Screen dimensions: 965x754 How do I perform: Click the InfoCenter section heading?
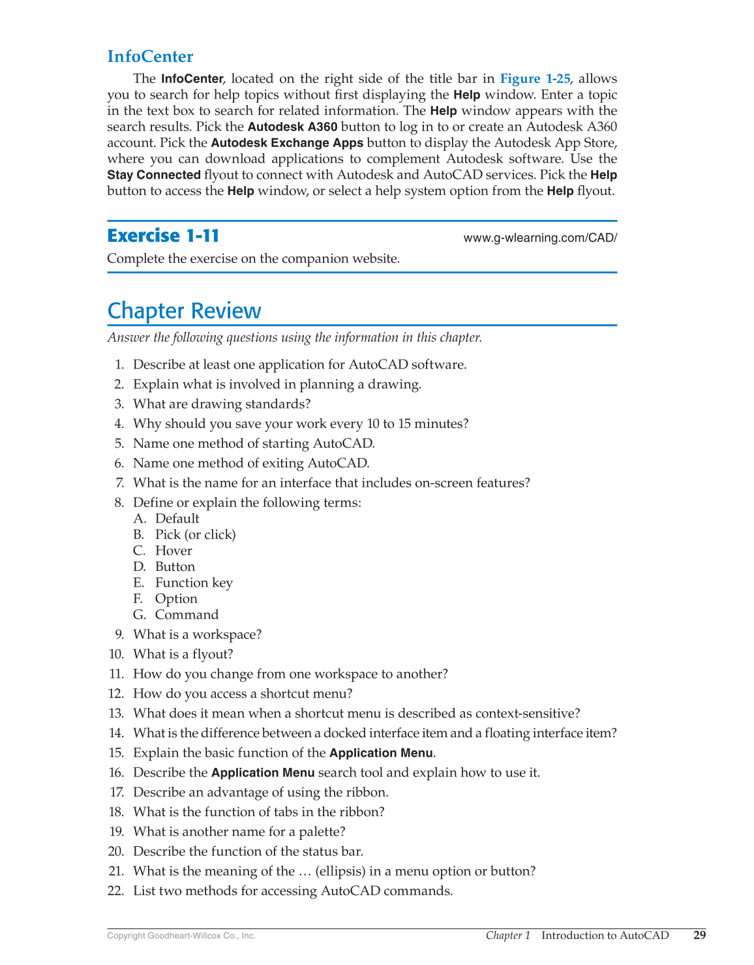pyautogui.click(x=150, y=57)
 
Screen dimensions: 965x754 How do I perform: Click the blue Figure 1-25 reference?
pyautogui.click(x=535, y=79)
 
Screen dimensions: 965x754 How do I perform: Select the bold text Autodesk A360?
pyautogui.click(x=292, y=127)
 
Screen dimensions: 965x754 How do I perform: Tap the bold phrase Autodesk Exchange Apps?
pyautogui.click(x=287, y=143)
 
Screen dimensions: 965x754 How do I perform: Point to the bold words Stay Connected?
pyautogui.click(x=154, y=175)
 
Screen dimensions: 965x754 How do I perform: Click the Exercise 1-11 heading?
pyautogui.click(x=163, y=236)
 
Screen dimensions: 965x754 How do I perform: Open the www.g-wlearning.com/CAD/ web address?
pyautogui.click(x=539, y=238)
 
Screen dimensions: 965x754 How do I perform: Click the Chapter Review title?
pyautogui.click(x=184, y=311)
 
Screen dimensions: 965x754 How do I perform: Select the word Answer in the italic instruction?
pyautogui.click(x=128, y=337)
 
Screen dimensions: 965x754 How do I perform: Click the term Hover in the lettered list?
pyautogui.click(x=173, y=551)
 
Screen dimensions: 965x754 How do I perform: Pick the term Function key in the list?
pyautogui.click(x=194, y=583)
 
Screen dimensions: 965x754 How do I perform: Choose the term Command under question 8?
pyautogui.click(x=187, y=615)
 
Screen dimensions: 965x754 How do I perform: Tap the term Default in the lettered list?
pyautogui.click(x=177, y=519)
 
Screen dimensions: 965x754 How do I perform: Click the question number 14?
pyautogui.click(x=116, y=733)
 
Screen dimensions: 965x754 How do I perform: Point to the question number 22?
pyautogui.click(x=116, y=891)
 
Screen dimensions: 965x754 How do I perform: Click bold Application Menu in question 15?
pyautogui.click(x=381, y=753)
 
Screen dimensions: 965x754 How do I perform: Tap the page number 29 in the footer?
pyautogui.click(x=699, y=935)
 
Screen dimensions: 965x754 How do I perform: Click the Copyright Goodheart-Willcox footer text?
pyautogui.click(x=181, y=936)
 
